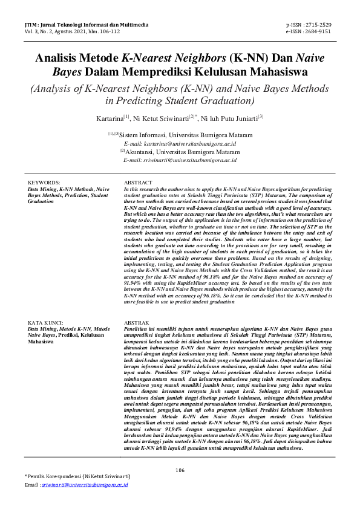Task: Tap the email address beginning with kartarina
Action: [x=180, y=144]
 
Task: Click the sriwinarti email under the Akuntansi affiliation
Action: [x=179, y=161]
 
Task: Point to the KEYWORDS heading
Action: [x=45, y=182]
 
